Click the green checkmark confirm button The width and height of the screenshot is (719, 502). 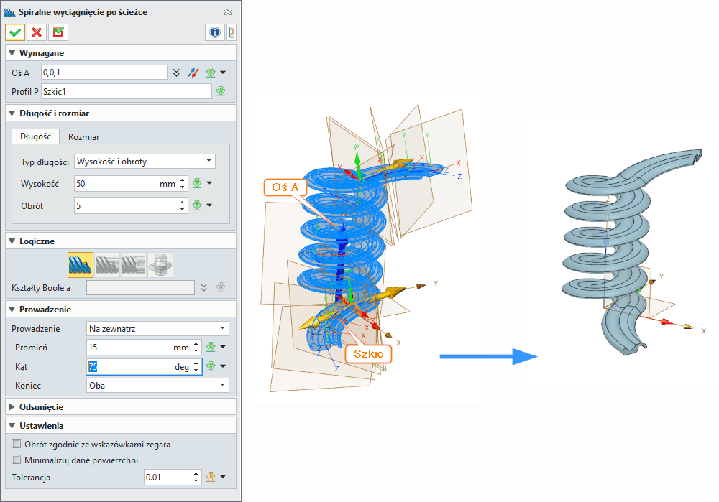coord(15,32)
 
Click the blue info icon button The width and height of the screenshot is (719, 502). coord(214,32)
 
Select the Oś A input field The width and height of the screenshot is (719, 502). coord(104,73)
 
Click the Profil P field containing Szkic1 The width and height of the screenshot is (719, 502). coord(126,91)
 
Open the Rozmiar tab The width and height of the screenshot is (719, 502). coord(83,136)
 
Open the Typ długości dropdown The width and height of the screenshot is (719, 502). coord(145,162)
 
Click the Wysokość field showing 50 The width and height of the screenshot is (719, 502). coord(115,184)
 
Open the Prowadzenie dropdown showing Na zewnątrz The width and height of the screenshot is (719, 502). coord(157,328)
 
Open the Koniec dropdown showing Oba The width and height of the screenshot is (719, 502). coord(157,386)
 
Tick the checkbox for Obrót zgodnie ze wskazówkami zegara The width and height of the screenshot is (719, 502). coord(17,445)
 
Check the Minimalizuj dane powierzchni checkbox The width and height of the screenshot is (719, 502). coord(17,460)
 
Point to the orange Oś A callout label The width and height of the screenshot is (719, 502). coord(286,189)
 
